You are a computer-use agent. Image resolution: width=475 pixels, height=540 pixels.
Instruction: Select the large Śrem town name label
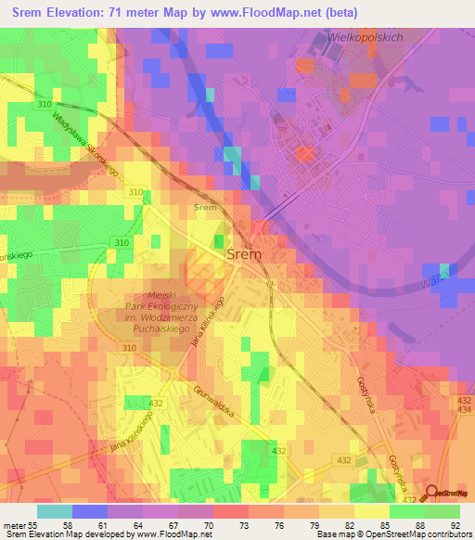(244, 252)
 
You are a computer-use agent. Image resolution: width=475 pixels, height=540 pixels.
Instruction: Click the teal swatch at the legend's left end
(54, 510)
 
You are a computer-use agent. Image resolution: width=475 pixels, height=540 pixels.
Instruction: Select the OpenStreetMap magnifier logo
(431, 493)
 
